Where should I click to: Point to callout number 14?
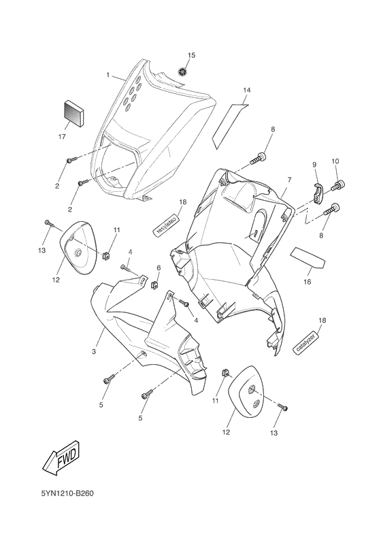[x=247, y=90]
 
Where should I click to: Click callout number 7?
[x=288, y=180]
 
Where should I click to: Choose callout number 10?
[x=335, y=161]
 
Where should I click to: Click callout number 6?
[x=159, y=268]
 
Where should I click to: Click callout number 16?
[x=307, y=280]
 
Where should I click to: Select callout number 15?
[x=191, y=54]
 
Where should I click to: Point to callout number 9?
[x=315, y=165]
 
